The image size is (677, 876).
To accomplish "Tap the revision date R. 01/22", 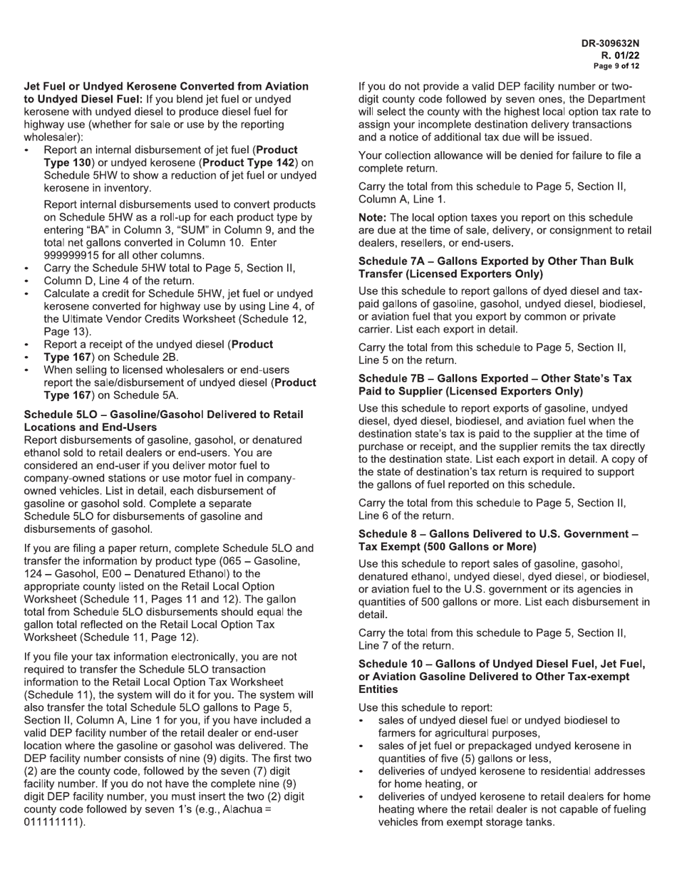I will [x=620, y=55].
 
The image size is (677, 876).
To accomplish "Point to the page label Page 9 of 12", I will [x=616, y=66].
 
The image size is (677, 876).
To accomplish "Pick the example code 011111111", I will [x=53, y=822].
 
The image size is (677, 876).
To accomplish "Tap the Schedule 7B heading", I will [x=495, y=385].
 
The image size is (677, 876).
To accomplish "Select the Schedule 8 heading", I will [x=498, y=540].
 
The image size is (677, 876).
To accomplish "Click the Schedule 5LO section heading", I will [x=163, y=420].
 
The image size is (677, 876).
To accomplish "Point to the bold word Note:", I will [x=373, y=217].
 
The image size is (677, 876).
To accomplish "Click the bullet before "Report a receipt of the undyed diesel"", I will [x=27, y=345].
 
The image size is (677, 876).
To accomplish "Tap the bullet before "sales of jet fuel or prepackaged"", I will [x=362, y=746].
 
